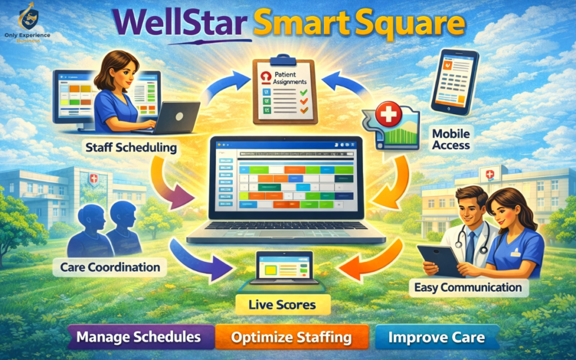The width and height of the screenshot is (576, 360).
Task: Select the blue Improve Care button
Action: pos(436,337)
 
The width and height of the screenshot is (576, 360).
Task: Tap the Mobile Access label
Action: pos(451,139)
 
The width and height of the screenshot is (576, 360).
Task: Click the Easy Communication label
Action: pos(468,287)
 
